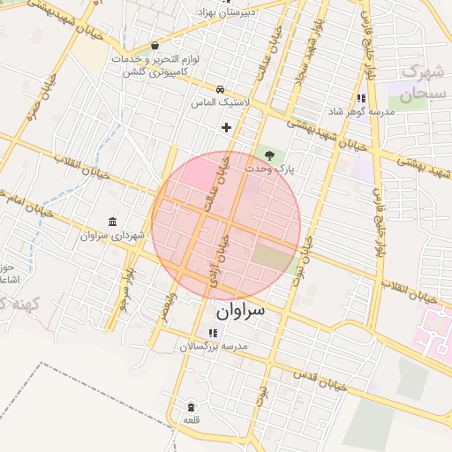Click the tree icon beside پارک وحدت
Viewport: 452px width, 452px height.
coord(269,154)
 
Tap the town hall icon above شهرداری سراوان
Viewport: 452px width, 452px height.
coord(111,221)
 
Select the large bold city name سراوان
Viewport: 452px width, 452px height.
coord(240,312)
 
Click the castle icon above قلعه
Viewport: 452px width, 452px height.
coord(192,407)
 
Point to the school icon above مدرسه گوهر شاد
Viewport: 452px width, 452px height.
coord(360,99)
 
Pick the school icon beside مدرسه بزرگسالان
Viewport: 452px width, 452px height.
coord(212,333)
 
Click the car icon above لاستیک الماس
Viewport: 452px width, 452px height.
coord(219,89)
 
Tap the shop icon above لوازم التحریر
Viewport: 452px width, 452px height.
coord(155,45)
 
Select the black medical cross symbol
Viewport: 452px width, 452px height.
coord(227,127)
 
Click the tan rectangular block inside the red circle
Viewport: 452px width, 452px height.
coord(272,259)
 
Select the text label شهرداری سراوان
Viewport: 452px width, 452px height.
coord(105,236)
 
